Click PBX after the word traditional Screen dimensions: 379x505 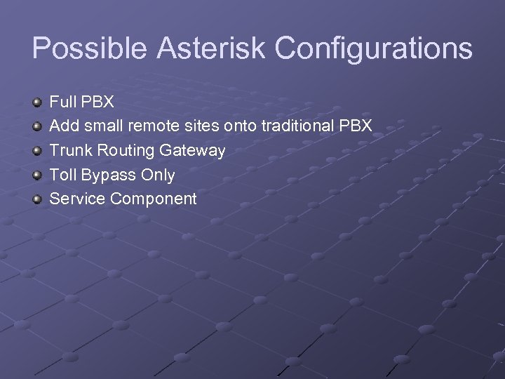(x=355, y=126)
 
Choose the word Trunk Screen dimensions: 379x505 (x=68, y=150)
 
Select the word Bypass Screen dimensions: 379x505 (x=109, y=175)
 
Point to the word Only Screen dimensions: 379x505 (x=158, y=175)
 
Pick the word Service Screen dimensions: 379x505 (x=77, y=199)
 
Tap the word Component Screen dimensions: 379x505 (x=153, y=199)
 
